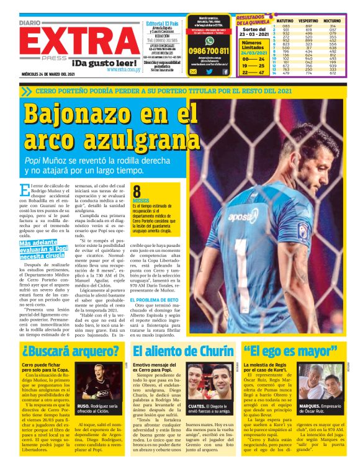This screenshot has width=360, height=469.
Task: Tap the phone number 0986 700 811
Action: [x=208, y=51]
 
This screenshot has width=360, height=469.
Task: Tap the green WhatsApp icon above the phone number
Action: [x=209, y=38]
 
